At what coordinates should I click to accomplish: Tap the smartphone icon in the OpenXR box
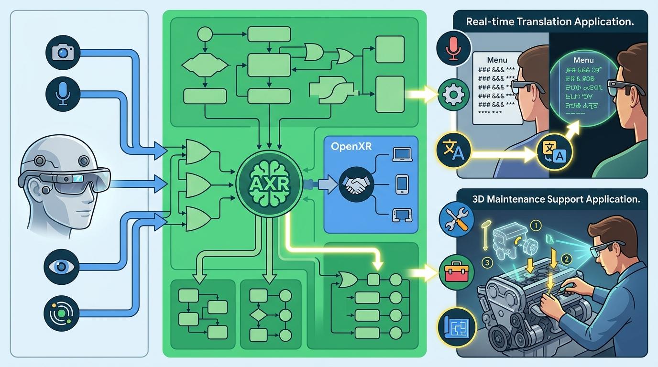click(x=401, y=184)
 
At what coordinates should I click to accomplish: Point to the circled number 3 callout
click(x=487, y=262)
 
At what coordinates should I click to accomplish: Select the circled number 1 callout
click(x=536, y=225)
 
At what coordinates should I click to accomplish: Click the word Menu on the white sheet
click(x=497, y=60)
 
